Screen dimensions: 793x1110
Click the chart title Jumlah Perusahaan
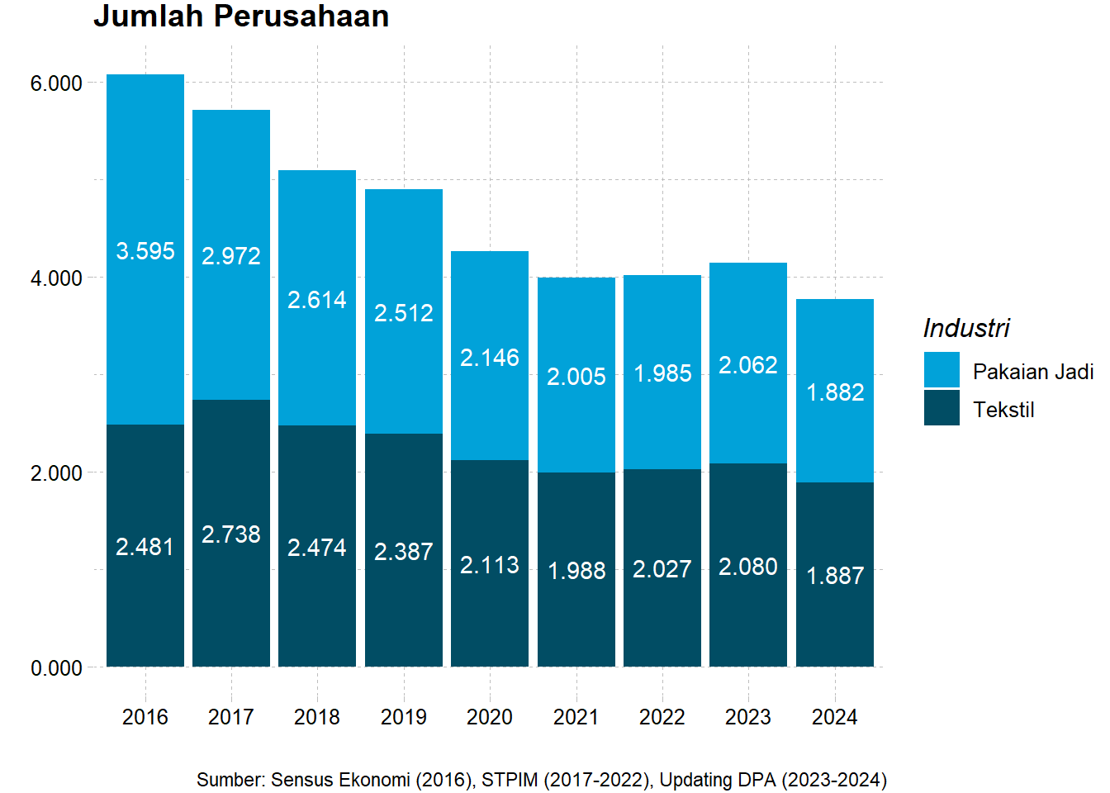point(240,17)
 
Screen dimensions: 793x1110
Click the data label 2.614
point(317,300)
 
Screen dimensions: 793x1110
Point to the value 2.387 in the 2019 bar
point(403,552)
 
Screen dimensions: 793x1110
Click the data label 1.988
point(576,571)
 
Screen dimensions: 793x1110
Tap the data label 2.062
point(748,365)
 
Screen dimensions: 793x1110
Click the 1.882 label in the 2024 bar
point(835,392)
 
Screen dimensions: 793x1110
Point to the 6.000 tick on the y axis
point(56,83)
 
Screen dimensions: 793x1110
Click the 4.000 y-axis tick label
point(56,278)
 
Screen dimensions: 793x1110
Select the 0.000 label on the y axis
point(56,668)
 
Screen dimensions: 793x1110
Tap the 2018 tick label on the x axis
point(317,717)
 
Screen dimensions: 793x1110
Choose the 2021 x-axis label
point(576,717)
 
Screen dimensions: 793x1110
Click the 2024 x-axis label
point(835,717)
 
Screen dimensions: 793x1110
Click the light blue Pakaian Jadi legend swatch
point(942,370)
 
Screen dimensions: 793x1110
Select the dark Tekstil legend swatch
point(942,408)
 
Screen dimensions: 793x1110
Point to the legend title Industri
point(966,328)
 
